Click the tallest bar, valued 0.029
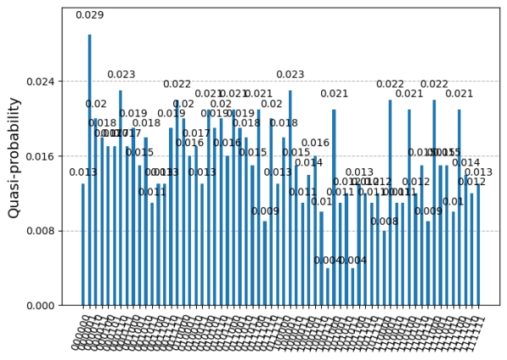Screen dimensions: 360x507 point(90,169)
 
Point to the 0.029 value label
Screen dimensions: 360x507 point(90,15)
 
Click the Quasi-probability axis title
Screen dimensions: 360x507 point(14,157)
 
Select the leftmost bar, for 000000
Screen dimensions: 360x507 point(83,244)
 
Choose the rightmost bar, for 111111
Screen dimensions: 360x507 point(478,244)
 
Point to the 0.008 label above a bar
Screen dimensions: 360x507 point(384,222)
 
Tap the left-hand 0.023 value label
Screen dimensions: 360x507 point(121,74)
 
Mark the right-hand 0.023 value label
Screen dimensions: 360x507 point(290,74)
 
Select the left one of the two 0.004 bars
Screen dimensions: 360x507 point(328,286)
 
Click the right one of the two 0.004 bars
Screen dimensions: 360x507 point(353,286)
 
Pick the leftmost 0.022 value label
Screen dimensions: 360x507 point(177,84)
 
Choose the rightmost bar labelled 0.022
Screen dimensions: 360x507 point(434,203)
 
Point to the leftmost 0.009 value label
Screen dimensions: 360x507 point(265,211)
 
